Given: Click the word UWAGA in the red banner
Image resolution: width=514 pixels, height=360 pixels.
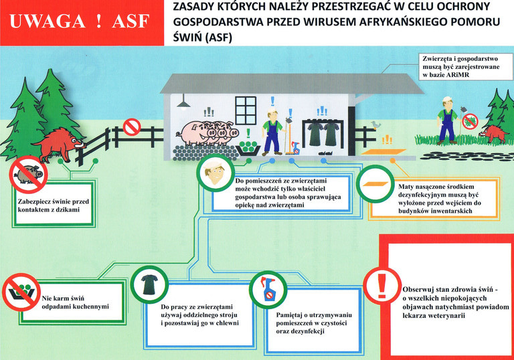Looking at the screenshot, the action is (x=48, y=21).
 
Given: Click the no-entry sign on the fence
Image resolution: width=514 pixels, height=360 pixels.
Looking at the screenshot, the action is (x=132, y=127).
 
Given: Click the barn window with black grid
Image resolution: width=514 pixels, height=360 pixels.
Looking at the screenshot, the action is (x=246, y=110).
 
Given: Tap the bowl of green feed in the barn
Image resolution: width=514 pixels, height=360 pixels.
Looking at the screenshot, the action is (x=248, y=148).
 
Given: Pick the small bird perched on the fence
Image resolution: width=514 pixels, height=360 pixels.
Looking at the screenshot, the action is (x=375, y=124).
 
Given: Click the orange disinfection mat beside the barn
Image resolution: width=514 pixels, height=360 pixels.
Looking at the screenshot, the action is (x=383, y=152).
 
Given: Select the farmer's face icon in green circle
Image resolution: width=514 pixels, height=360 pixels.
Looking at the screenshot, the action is (x=216, y=173).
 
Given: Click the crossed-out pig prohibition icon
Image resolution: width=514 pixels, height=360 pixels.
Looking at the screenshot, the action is (x=29, y=174).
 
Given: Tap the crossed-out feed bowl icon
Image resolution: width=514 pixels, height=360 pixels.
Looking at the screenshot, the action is (x=21, y=292).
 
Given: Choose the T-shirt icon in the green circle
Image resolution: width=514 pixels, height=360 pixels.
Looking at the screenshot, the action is (x=149, y=284).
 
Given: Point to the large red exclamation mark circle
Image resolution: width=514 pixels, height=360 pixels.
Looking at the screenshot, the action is (x=382, y=286).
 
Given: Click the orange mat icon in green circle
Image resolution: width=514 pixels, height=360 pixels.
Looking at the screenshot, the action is (x=375, y=184).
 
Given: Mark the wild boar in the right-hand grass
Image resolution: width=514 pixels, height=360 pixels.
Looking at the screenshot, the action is (x=494, y=134).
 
